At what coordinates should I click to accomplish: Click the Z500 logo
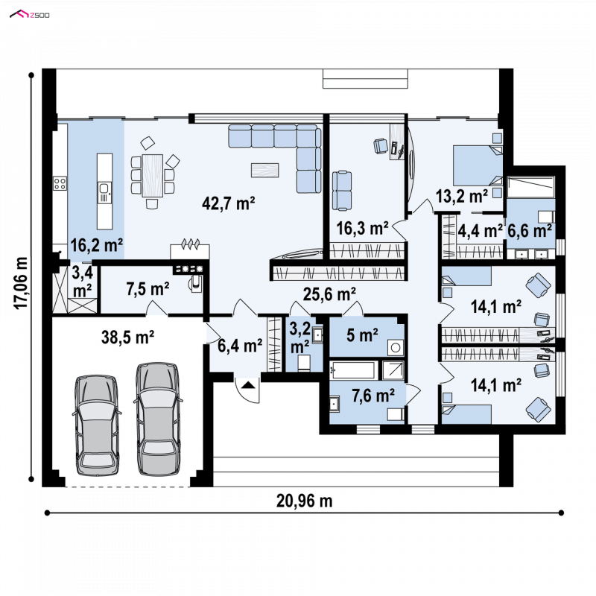[x=29, y=14]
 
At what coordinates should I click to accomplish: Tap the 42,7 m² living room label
[x=229, y=203]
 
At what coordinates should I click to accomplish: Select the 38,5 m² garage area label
[x=127, y=337]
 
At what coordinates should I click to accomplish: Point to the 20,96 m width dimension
[x=304, y=501]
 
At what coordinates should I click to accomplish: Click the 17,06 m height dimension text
[x=22, y=283]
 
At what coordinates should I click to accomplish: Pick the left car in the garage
[x=97, y=425]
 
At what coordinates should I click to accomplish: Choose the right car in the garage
[x=158, y=419]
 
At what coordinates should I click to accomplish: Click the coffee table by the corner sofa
[x=265, y=170]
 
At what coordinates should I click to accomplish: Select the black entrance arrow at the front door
[x=248, y=385]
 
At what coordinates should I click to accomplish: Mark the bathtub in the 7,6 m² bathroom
[x=353, y=370]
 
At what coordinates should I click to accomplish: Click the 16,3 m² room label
[x=362, y=228]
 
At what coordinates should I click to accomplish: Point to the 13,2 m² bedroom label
[x=462, y=196]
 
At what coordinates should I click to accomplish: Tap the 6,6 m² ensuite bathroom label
[x=530, y=230]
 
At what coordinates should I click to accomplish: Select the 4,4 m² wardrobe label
[x=480, y=230]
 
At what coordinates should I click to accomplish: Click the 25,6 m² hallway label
[x=329, y=294]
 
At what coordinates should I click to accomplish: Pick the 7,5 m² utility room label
[x=148, y=289]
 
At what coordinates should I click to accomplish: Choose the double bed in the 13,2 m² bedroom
[x=478, y=165]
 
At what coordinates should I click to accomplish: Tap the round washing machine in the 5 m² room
[x=396, y=347]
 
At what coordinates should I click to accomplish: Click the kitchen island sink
[x=104, y=192]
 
